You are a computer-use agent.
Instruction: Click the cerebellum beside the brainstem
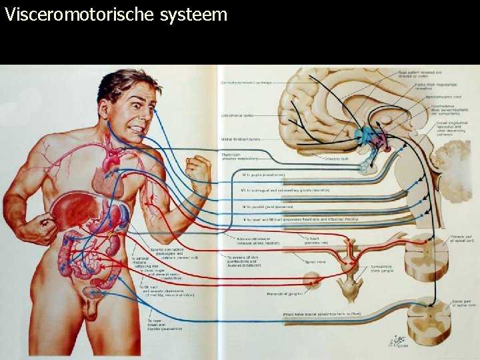pyautogui.click(x=455, y=163)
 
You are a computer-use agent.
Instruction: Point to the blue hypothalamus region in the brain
pyautogui.click(x=363, y=137)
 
